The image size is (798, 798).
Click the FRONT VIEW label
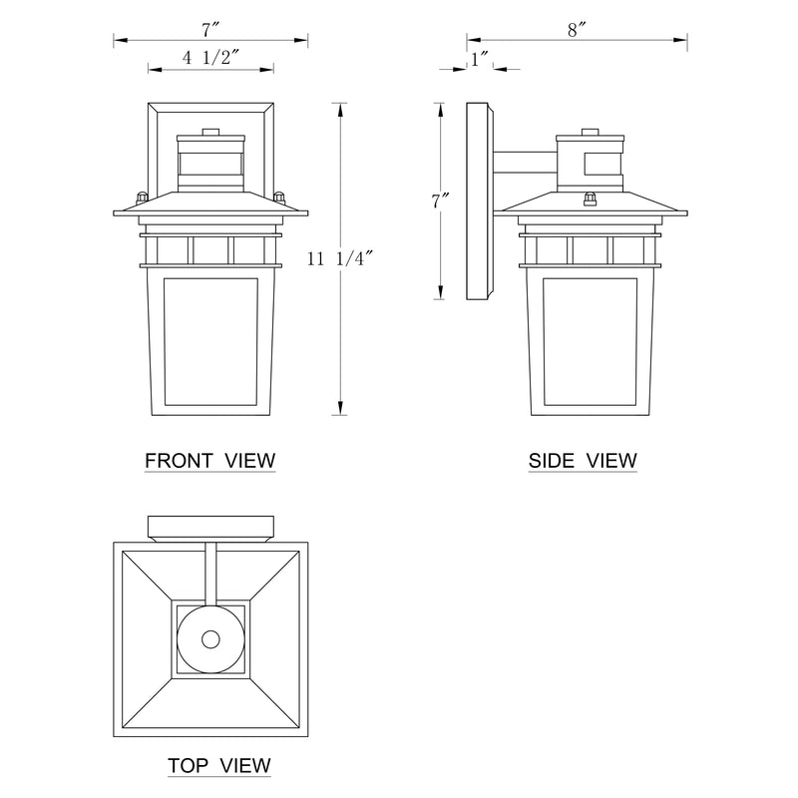coord(210,461)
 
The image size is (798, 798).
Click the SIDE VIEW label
coord(583,461)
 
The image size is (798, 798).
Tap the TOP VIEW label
coord(219,765)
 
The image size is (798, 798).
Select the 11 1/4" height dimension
coord(340,259)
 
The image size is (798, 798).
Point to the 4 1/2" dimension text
coord(210,58)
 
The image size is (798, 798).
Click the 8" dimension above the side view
coord(578,31)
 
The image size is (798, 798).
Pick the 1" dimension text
coord(480,59)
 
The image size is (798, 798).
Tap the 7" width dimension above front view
coord(210,30)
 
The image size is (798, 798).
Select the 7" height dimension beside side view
coord(440,201)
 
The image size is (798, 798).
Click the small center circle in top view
coord(210,639)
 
